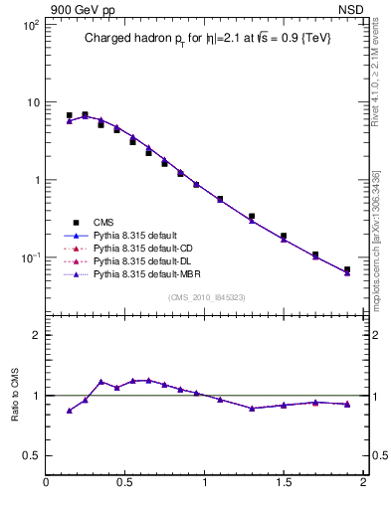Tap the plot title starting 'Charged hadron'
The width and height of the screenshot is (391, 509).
click(x=206, y=38)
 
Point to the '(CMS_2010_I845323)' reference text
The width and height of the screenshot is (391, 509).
click(x=206, y=296)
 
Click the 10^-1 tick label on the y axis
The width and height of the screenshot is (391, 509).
click(x=29, y=257)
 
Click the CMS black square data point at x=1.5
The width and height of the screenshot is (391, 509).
click(x=284, y=237)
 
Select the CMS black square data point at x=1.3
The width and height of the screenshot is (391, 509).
click(x=252, y=216)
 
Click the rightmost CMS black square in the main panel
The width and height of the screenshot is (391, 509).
click(x=347, y=269)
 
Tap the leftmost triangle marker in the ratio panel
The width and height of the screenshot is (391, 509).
click(x=70, y=411)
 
